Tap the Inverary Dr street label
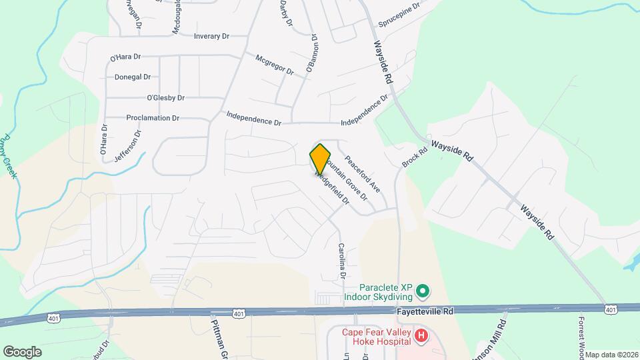(x=211, y=36)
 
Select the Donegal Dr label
(x=133, y=77)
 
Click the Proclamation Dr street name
(x=153, y=118)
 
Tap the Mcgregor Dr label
(x=275, y=68)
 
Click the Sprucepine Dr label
(x=399, y=15)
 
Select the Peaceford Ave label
(x=362, y=175)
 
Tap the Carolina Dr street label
(x=342, y=260)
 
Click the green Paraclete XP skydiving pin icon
(x=421, y=291)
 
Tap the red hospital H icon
(x=421, y=337)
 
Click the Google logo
(x=22, y=351)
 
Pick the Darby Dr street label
(x=285, y=13)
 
